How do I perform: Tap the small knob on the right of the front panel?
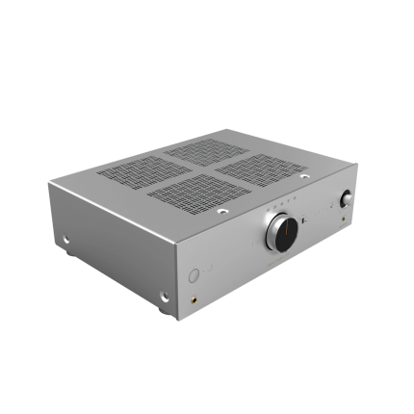tap(346, 200)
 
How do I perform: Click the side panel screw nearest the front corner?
tap(165, 297)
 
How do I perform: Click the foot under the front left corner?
tap(162, 314)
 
